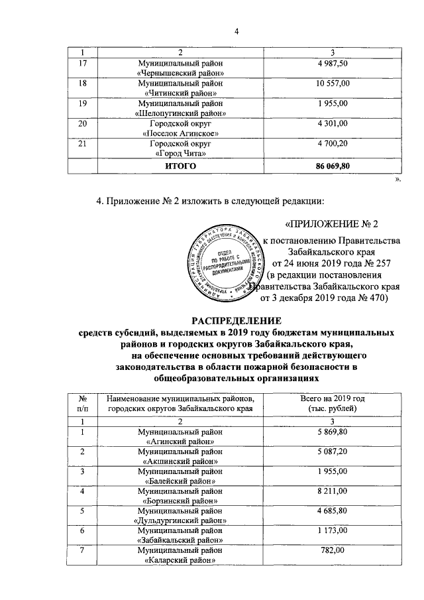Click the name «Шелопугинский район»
[x=180, y=113]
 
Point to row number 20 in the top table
[x=82, y=123]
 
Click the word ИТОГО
[x=180, y=166]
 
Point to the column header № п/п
[x=83, y=402]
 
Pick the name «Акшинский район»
[x=180, y=461]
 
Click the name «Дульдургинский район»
[x=180, y=521]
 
